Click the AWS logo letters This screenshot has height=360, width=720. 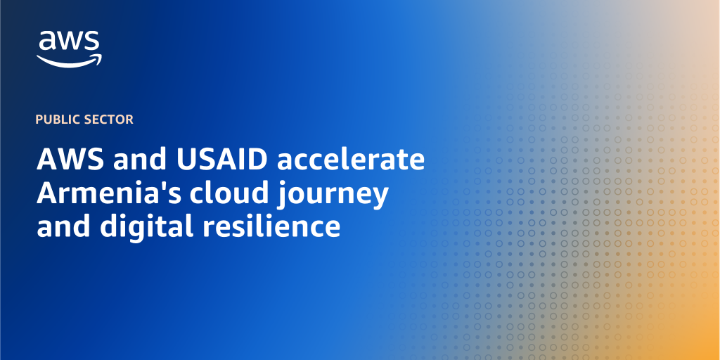pos(69,42)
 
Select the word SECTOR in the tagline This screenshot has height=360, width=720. pos(109,120)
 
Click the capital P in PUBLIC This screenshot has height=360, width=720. pos(39,120)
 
